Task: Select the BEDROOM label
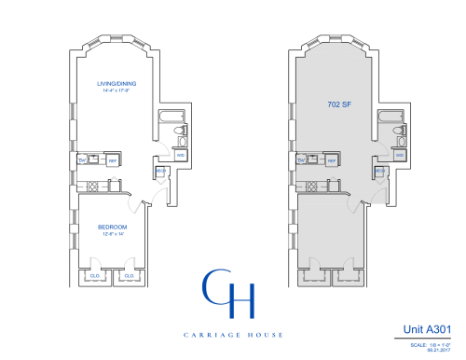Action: pos(111,227)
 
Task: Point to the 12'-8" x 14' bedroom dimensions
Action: pos(111,233)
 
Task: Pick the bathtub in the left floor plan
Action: pos(172,118)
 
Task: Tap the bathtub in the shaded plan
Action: pos(390,118)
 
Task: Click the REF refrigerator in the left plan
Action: pos(112,161)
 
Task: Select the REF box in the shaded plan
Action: pos(331,161)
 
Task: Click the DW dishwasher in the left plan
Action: pos(83,160)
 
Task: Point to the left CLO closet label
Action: pos(95,276)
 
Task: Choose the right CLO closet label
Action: pos(129,276)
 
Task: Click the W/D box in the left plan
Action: pos(181,155)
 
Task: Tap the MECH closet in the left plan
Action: pos(160,172)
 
